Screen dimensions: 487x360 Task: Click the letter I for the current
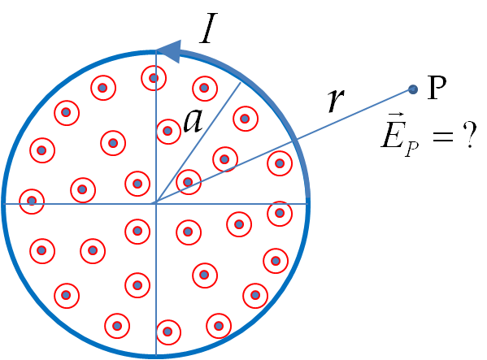(x=208, y=28)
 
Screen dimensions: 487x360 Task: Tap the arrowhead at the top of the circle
(x=169, y=51)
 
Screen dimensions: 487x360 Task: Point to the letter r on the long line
(x=337, y=101)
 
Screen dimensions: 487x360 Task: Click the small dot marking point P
(x=413, y=89)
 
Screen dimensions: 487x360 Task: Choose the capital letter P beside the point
(x=437, y=88)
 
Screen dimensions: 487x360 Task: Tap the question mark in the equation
(x=469, y=135)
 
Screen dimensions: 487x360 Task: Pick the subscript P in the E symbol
(x=412, y=150)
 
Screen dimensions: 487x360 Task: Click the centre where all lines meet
(x=156, y=204)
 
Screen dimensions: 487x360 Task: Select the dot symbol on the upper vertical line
(x=154, y=78)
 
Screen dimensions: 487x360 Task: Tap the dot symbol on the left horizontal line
(x=32, y=201)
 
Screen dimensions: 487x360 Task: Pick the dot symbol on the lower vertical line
(x=168, y=332)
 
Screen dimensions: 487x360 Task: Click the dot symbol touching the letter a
(x=168, y=132)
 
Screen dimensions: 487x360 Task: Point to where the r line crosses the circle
(x=296, y=141)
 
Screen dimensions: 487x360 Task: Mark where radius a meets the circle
(x=241, y=83)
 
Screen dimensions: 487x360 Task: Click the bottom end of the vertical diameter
(x=156, y=355)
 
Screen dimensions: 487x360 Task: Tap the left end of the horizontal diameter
(x=4, y=204)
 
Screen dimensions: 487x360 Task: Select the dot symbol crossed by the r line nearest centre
(x=189, y=182)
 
